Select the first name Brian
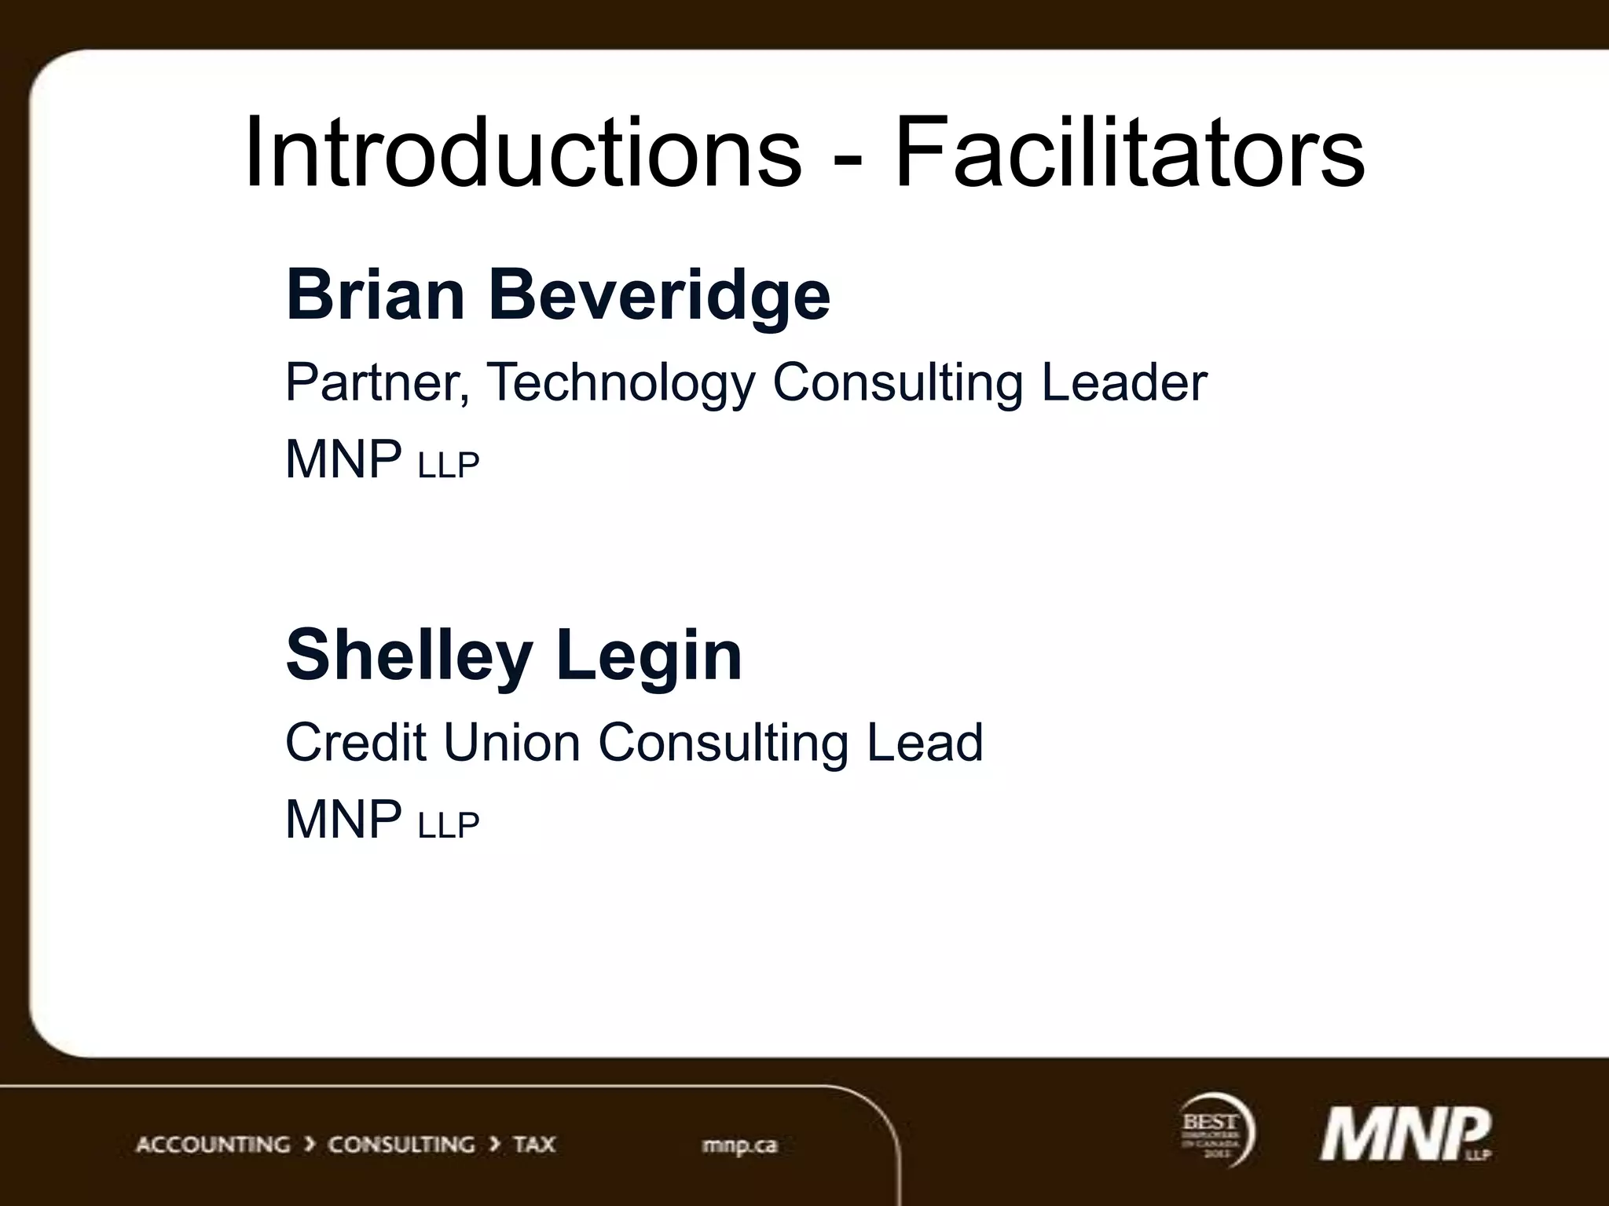click(x=376, y=295)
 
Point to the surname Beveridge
click(x=659, y=297)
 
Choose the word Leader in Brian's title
click(x=1124, y=382)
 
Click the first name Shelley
click(x=409, y=656)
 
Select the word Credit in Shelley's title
click(x=355, y=742)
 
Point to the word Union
click(x=511, y=742)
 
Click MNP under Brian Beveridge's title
click(x=343, y=459)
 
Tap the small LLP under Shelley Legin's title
click(x=449, y=825)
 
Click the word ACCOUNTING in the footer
click(x=213, y=1145)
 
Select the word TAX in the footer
click(x=534, y=1145)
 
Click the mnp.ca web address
click(x=739, y=1146)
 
